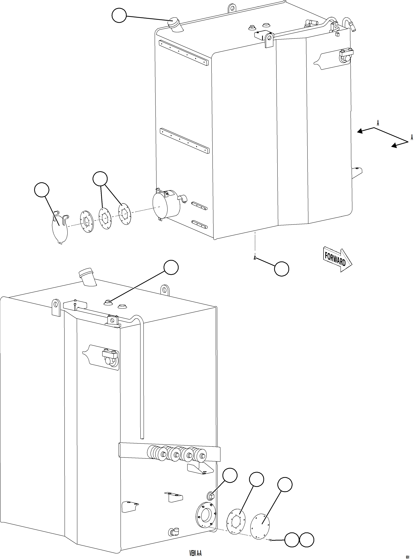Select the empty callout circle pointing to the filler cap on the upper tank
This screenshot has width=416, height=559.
pos(119,15)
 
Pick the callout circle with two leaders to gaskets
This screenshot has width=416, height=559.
pos(100,179)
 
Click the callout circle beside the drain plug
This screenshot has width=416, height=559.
pos(281,269)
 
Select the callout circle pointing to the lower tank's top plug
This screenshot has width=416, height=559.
pos(171,267)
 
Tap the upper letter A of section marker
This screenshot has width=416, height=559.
pos(378,123)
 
